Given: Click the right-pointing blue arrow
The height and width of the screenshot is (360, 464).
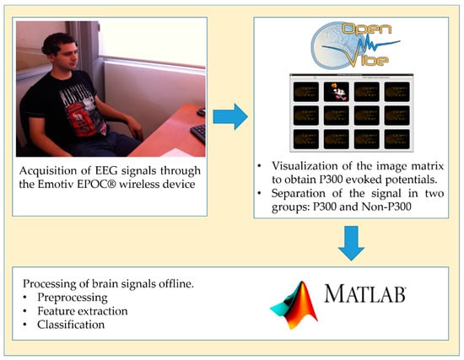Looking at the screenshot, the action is click(230, 116).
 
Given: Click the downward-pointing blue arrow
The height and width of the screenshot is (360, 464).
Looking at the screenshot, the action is click(351, 243).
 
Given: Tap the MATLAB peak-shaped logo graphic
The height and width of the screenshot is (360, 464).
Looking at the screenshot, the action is click(294, 305).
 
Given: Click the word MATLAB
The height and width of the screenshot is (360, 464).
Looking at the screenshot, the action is click(364, 293).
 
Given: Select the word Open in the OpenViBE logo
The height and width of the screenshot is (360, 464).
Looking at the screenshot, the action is click(367, 30).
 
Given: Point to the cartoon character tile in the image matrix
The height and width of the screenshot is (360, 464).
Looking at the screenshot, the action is click(337, 92).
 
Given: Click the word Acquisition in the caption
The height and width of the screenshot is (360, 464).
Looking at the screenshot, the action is click(48, 171).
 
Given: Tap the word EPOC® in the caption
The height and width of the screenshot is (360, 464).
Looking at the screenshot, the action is click(97, 185).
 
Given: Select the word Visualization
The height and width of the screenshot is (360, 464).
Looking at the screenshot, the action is click(305, 166).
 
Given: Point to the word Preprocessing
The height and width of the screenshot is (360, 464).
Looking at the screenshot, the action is click(73, 298).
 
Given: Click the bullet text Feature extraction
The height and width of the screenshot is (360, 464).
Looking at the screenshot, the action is click(83, 311).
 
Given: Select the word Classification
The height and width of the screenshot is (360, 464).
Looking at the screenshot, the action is click(71, 325).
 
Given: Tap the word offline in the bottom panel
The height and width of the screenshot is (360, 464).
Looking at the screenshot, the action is click(176, 284).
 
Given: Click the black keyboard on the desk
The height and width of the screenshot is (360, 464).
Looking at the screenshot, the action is click(198, 134).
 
